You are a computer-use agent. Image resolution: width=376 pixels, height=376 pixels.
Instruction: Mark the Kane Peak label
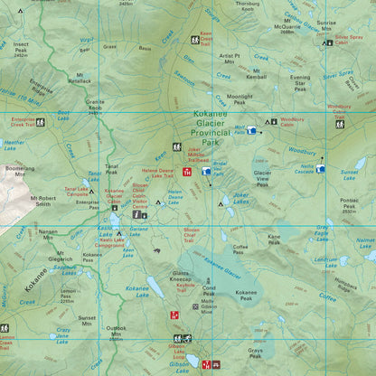[x=273, y=240]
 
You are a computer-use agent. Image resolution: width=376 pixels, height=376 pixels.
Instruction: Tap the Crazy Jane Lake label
[x=62, y=334]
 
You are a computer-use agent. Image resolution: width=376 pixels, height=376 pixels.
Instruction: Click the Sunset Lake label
[x=349, y=174]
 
